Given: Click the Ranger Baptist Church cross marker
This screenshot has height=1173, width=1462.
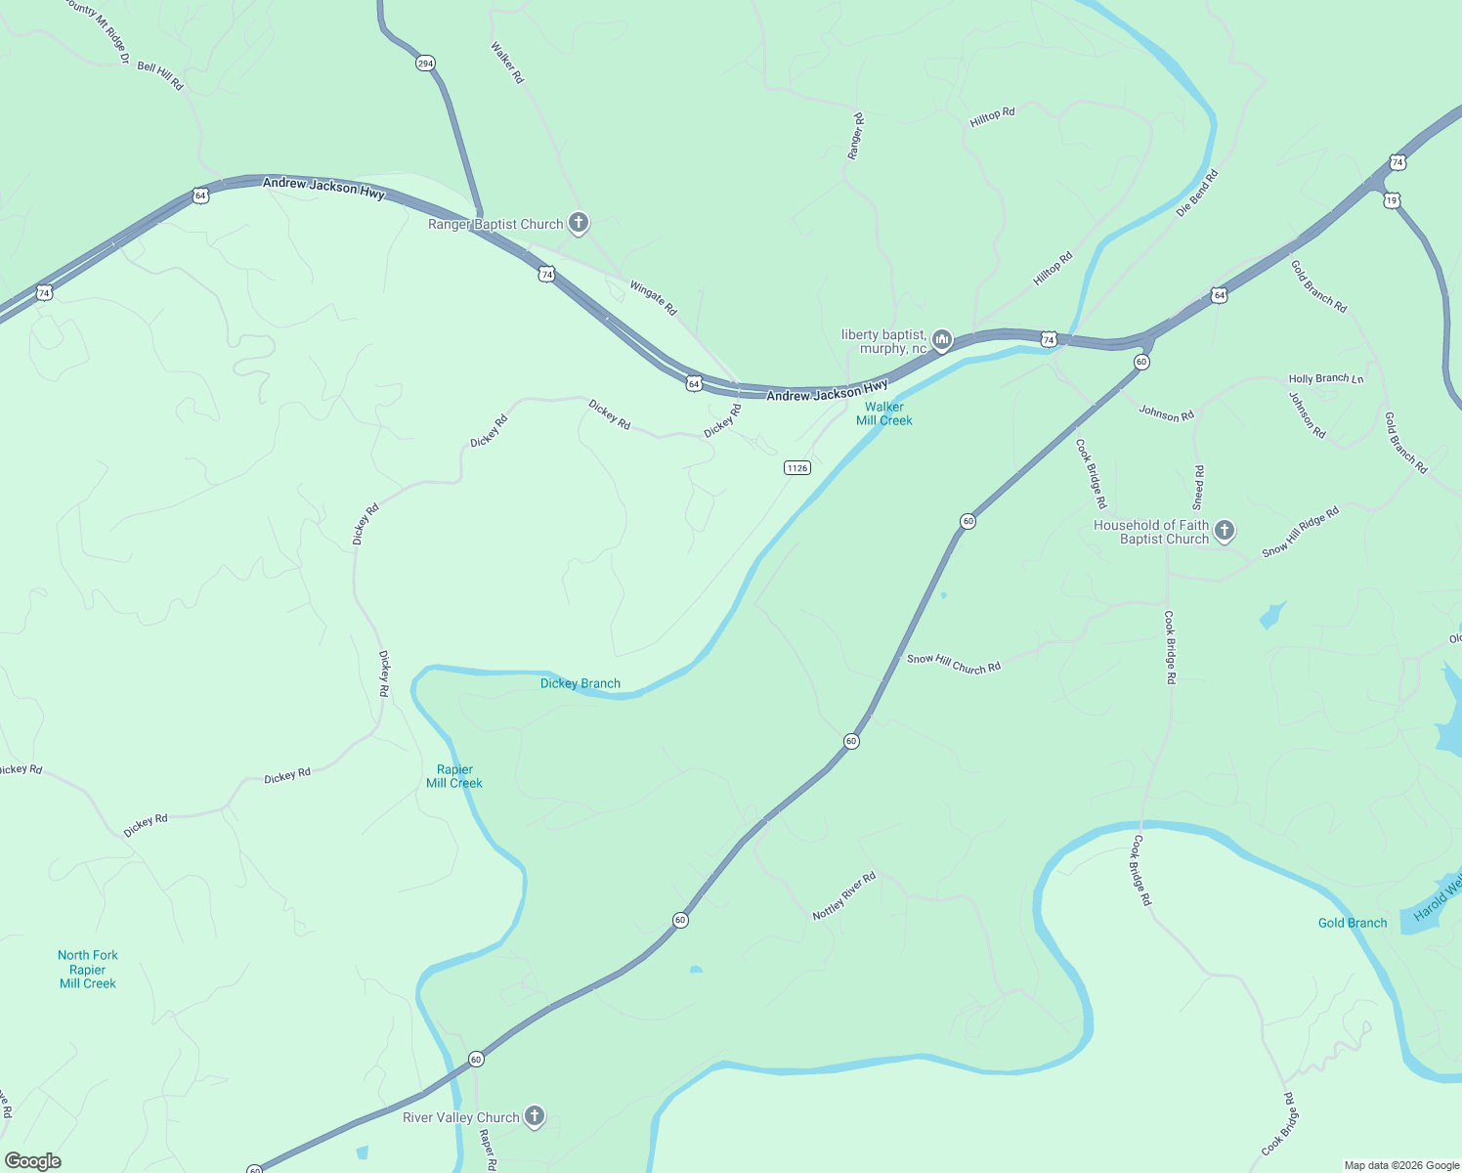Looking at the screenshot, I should coord(579,224).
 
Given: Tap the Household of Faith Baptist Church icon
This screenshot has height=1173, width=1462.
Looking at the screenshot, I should coord(1225,531).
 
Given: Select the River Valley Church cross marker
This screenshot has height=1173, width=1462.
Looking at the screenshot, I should coord(534,1116).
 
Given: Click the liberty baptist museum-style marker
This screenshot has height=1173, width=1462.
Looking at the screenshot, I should coord(942,340).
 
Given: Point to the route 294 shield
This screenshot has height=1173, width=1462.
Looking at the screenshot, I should coord(424,64).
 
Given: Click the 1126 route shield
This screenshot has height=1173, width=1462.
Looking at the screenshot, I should coord(796,468).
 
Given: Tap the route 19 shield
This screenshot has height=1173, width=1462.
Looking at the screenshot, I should coord(1392,200).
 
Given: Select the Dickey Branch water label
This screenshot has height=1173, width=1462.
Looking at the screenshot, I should coord(580,683).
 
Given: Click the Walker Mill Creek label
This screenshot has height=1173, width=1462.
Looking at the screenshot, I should coord(884,413).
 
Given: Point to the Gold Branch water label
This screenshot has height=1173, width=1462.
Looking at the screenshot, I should coord(1353,923).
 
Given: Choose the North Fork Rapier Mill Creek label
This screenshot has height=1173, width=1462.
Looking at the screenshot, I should coord(88,970).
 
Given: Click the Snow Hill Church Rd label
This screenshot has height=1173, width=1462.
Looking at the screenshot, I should coord(954,664).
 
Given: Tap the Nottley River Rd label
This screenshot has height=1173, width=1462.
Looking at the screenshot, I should coord(844,896).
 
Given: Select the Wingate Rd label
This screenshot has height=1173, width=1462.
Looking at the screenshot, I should coord(653,298).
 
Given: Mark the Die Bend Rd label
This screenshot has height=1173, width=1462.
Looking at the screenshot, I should coord(1197,193).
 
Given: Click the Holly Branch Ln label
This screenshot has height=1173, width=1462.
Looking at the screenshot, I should coord(1325,379).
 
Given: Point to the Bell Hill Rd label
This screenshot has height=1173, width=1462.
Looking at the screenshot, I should coord(160,75).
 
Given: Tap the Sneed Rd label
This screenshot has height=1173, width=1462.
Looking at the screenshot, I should coord(1198,487).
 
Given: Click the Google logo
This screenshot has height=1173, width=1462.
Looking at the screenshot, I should coord(33,1161).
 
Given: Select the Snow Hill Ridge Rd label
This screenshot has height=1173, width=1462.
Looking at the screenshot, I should coord(1300,532).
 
